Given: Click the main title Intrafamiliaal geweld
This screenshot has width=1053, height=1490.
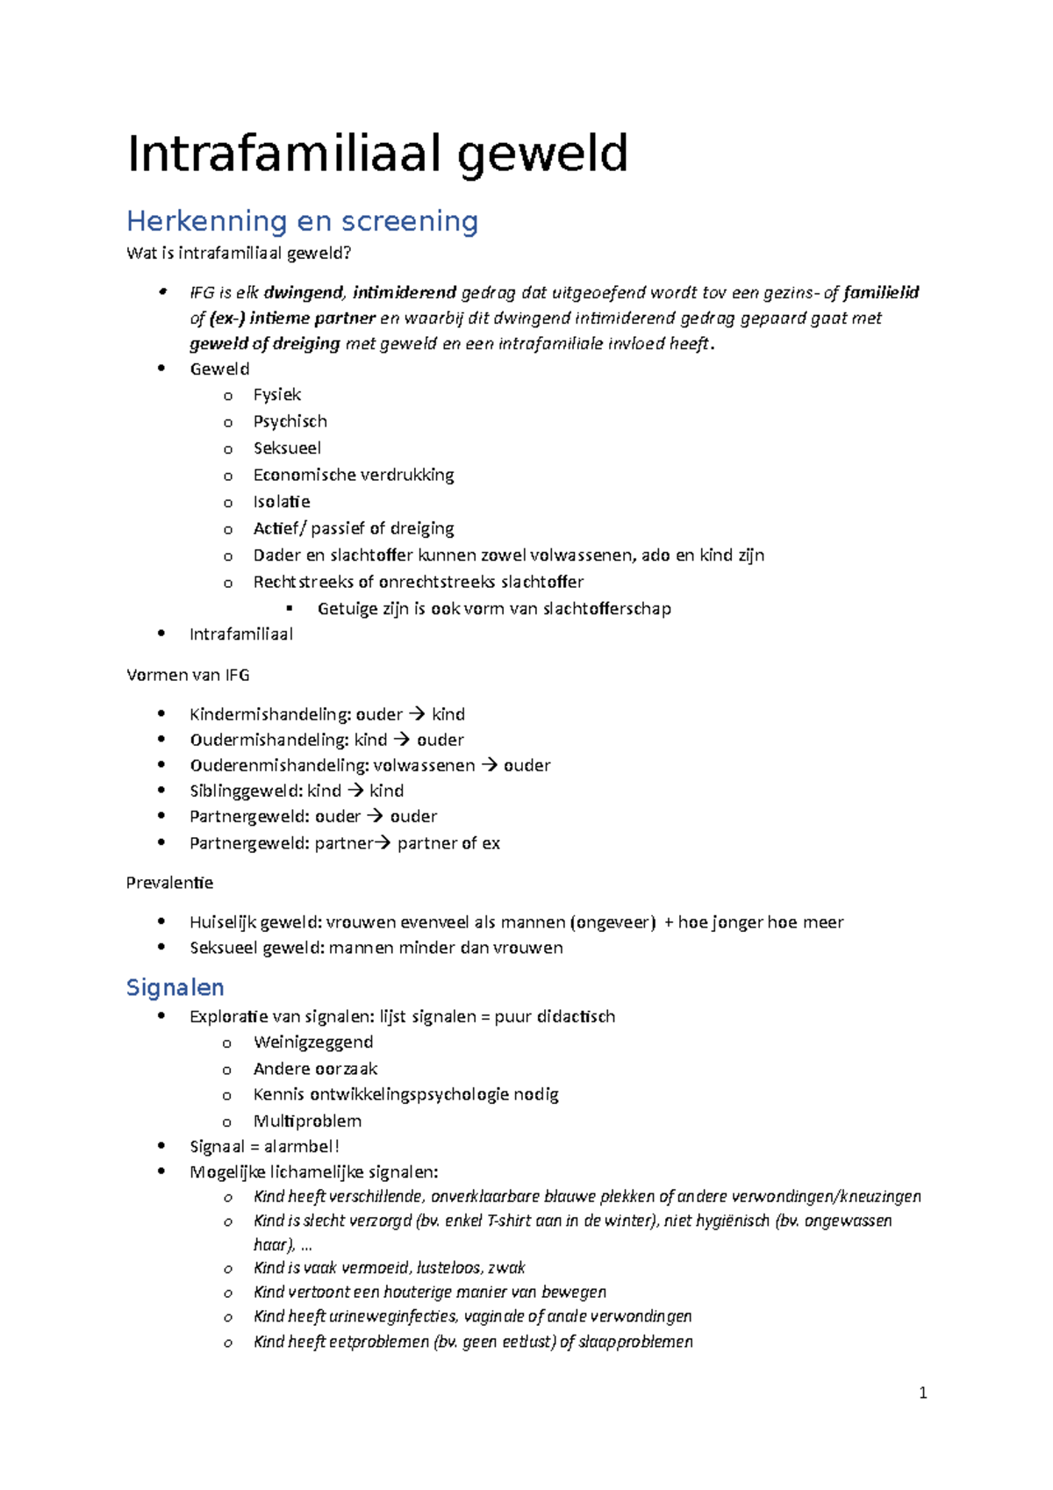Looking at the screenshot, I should point(377,154).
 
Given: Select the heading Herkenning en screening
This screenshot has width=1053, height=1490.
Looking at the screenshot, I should point(302,221).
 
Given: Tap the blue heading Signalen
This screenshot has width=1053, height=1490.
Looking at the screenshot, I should point(175,987).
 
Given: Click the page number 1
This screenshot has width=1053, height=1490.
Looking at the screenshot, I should point(922,1393).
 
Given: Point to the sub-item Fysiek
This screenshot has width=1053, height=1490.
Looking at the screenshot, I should point(276,395).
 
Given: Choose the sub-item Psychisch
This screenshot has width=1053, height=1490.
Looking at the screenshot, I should point(290,421).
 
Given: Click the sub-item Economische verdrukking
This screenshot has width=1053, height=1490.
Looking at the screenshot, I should point(354,475).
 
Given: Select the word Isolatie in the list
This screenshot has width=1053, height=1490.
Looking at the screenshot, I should point(281,502).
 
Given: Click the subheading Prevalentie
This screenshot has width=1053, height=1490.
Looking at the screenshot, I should point(169,883).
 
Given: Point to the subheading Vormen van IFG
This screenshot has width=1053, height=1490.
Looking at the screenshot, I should point(188,675).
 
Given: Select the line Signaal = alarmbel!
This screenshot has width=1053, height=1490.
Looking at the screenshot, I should point(264,1146).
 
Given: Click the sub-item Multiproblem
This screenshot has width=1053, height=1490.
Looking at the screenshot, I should point(307,1121).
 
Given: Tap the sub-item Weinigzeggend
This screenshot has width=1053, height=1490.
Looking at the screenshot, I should point(313,1042).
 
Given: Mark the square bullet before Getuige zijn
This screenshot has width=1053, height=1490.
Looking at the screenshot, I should point(290,608).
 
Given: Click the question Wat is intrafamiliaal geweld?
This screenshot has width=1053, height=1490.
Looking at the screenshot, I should point(239,254).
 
